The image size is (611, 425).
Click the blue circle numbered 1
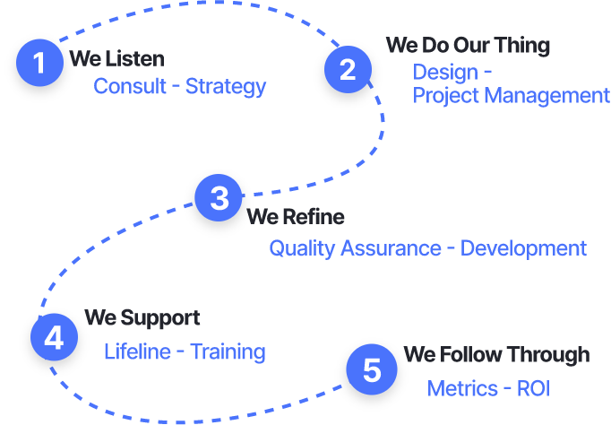40,63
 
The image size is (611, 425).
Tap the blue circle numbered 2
348,70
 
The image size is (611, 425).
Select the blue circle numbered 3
219,198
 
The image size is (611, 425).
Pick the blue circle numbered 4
54,338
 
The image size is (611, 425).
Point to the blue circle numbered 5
371,370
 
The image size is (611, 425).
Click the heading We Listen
117,60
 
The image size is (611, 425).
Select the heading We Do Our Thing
468,45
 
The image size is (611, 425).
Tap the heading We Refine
296,217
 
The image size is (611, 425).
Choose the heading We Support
142,318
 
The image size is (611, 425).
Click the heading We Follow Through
496,355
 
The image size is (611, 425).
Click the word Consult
129,87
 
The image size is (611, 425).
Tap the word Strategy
226,87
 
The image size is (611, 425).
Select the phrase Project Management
511,96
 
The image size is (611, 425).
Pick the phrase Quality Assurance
355,248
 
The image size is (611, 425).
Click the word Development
523,248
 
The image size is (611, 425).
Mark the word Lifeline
137,352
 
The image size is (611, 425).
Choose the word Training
228,352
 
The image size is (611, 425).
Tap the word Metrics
462,389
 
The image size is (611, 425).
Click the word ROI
533,389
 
